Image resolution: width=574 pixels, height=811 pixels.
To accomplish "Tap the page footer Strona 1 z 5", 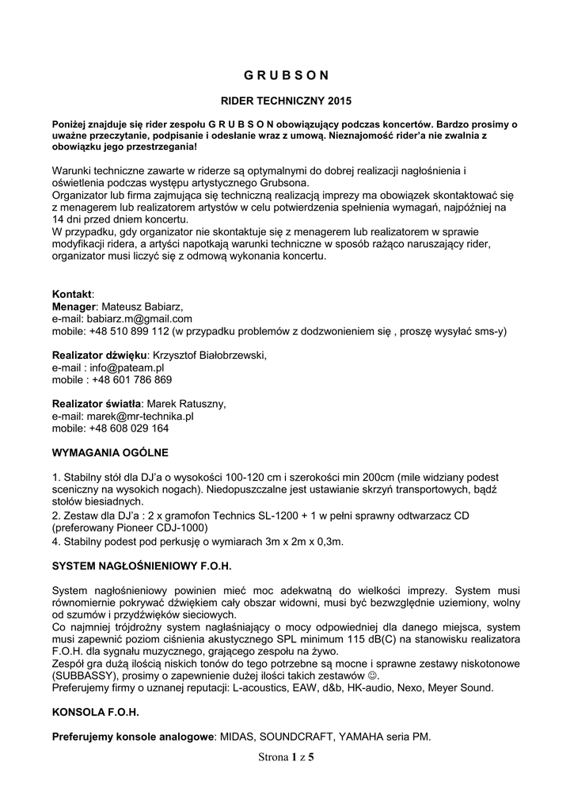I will [x=286, y=758].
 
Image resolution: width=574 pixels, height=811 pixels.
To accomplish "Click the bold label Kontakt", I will [x=72, y=294].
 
